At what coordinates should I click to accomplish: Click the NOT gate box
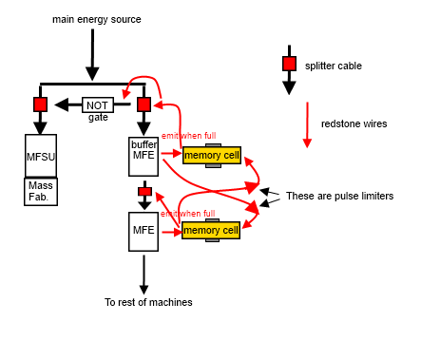tap(98, 104)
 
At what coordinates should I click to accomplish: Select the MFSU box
tap(41, 156)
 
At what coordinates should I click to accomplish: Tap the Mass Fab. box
tap(41, 192)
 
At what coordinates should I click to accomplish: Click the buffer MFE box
tap(144, 157)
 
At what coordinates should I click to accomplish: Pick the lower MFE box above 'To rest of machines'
tap(144, 232)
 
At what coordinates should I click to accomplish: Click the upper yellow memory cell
tap(212, 155)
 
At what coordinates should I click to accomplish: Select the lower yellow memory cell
tap(211, 230)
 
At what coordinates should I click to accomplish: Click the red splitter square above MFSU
tap(41, 104)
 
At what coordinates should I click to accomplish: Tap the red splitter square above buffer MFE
tap(144, 104)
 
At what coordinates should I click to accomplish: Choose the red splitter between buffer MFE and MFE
tap(144, 192)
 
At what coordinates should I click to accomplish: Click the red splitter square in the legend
tap(289, 64)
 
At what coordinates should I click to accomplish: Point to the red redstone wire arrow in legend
tap(307, 124)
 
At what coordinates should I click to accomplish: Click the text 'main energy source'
tap(97, 19)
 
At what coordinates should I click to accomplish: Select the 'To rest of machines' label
tap(148, 302)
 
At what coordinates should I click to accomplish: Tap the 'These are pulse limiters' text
tap(340, 196)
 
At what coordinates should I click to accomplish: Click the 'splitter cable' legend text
tap(334, 66)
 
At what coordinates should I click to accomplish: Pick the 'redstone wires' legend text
tap(354, 123)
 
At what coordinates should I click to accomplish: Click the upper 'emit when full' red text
tap(189, 136)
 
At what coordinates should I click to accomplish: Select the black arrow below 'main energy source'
tap(92, 55)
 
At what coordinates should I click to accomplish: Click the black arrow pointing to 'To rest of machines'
tap(144, 275)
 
